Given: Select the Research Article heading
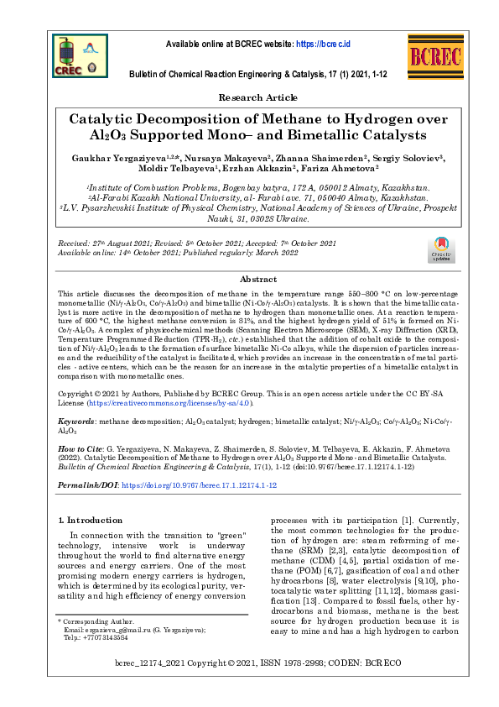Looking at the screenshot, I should click(x=250, y=98).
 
